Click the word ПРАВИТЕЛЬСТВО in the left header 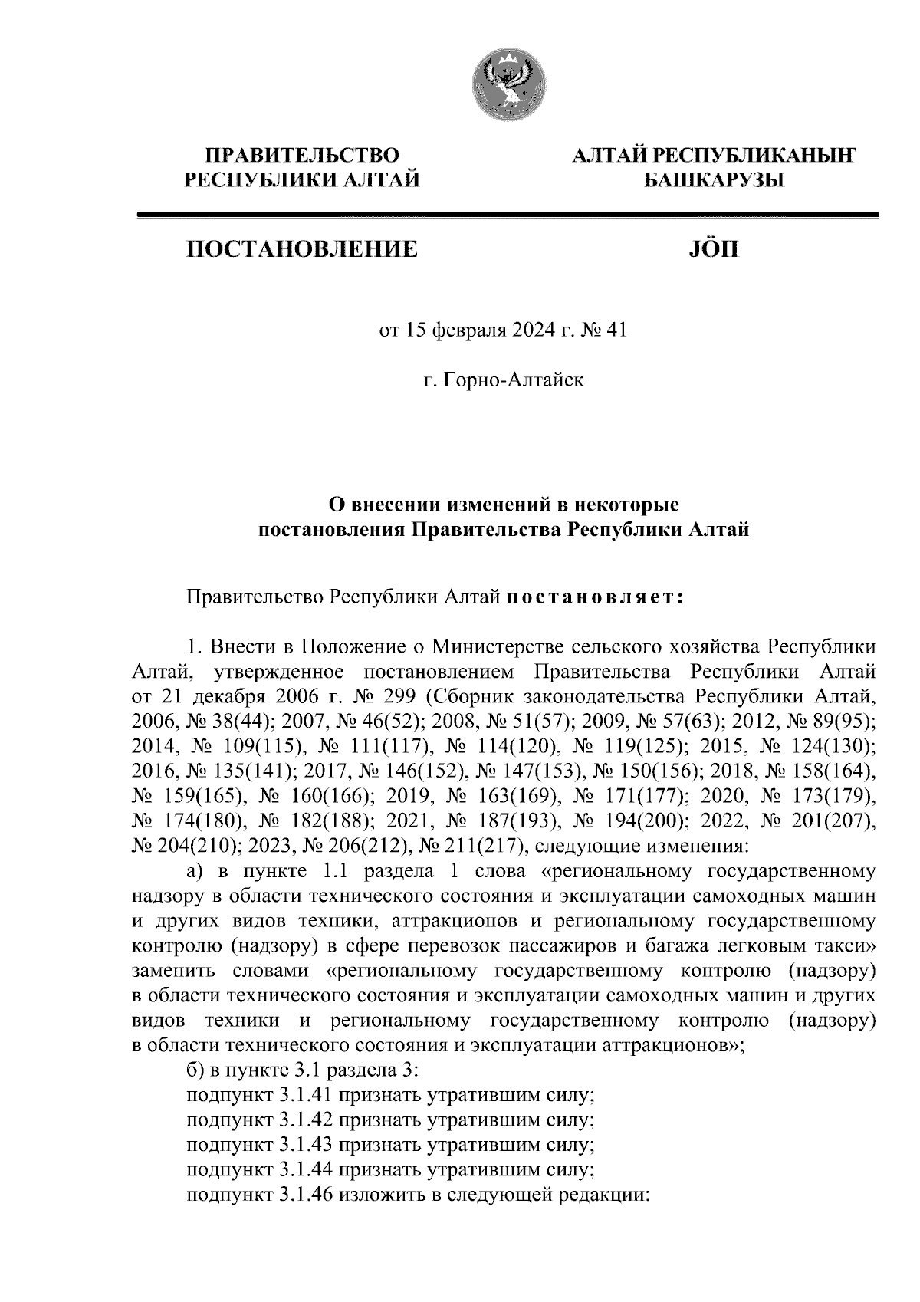pos(301,156)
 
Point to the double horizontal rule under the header pos(507,217)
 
